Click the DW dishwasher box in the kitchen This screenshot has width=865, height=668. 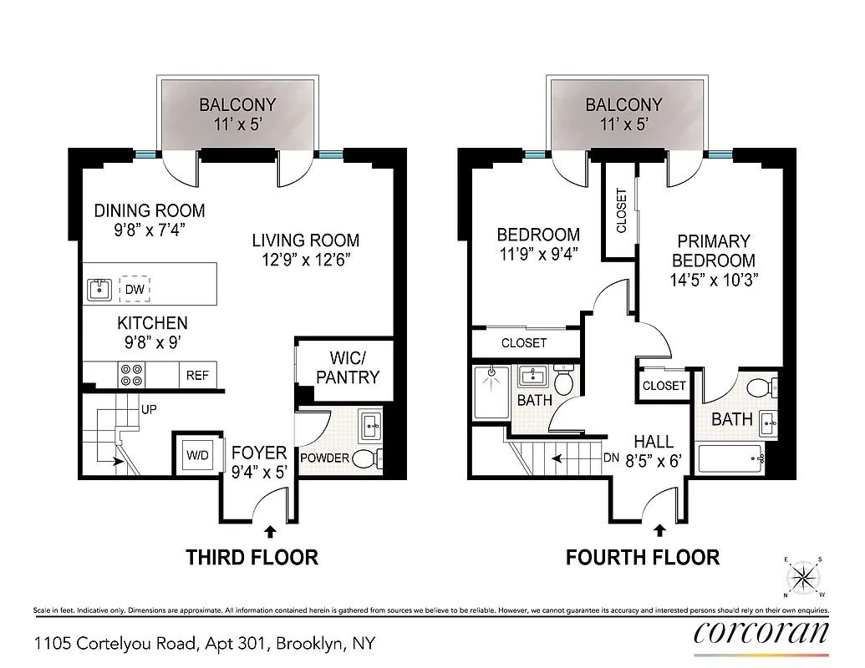click(135, 288)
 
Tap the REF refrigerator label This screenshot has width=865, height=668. click(197, 375)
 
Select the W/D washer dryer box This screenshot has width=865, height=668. click(197, 456)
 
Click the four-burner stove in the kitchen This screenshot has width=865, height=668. click(131, 375)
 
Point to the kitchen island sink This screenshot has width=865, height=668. click(99, 289)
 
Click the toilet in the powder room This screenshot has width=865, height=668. click(367, 458)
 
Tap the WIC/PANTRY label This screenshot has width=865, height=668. click(347, 365)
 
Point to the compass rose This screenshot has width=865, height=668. click(803, 577)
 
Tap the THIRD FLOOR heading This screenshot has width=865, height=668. click(252, 557)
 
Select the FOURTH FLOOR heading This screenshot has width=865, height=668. click(642, 557)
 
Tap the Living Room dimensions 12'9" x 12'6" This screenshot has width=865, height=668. click(306, 260)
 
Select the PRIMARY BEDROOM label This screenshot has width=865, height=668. click(713, 250)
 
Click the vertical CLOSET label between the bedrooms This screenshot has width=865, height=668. click(621, 211)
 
